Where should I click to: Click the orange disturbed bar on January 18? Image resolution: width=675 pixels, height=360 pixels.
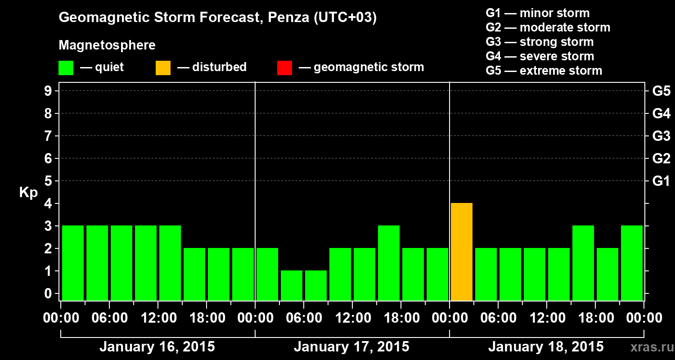(x=462, y=252)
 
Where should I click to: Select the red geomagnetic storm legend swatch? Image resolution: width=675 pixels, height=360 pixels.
(x=284, y=68)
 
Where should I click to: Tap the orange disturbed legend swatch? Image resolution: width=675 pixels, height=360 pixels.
(x=163, y=68)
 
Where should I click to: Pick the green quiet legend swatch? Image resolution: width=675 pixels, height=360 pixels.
(x=66, y=68)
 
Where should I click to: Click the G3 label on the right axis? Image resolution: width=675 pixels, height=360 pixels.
(x=661, y=136)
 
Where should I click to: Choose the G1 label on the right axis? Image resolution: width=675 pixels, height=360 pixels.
(x=661, y=181)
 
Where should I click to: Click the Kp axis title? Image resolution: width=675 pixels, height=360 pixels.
(x=28, y=193)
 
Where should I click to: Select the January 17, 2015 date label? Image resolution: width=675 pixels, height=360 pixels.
(x=351, y=347)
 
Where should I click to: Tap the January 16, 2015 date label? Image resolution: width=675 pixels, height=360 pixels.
(x=157, y=347)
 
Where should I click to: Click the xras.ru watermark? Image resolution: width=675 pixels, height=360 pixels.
(x=648, y=347)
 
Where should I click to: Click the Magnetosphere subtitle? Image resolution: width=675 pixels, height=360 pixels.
(x=107, y=45)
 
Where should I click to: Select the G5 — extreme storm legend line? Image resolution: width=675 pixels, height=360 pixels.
(x=544, y=71)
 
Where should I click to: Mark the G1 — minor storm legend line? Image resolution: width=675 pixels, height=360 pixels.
(x=537, y=13)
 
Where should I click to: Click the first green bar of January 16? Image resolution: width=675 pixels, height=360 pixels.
(x=73, y=263)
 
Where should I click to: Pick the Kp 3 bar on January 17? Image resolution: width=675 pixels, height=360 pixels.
(x=389, y=263)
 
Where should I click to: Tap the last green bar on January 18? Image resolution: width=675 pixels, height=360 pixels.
(x=632, y=263)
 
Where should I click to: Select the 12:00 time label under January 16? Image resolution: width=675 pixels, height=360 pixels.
(x=157, y=318)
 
